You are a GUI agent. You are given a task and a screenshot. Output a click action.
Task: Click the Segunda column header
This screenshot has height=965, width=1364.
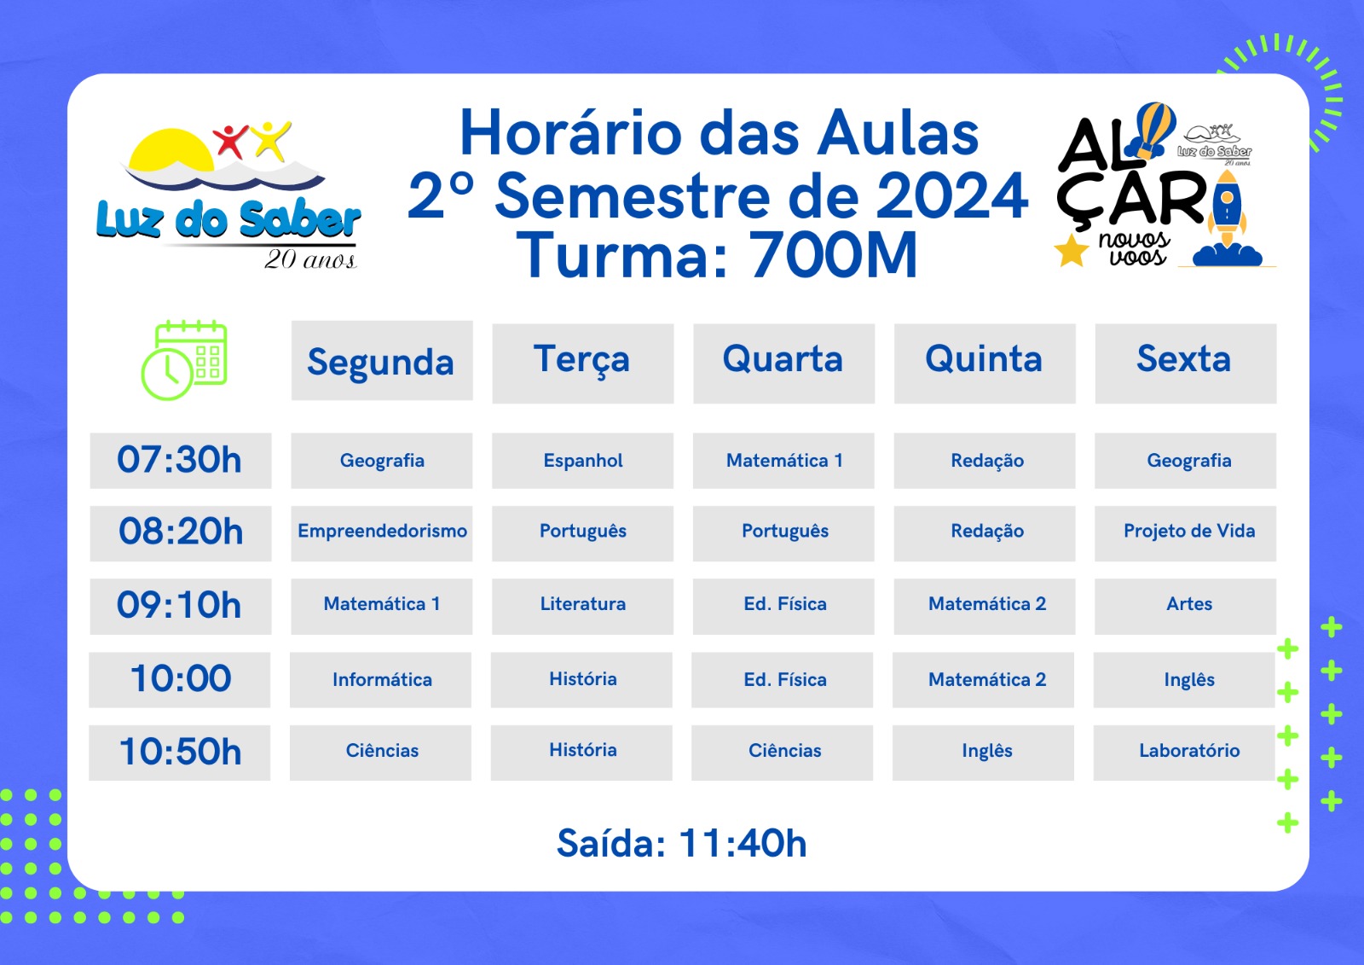[x=382, y=361]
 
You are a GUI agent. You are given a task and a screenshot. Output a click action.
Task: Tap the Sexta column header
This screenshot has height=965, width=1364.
[x=1186, y=363]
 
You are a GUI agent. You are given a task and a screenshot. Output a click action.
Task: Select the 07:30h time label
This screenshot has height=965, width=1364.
[x=180, y=460]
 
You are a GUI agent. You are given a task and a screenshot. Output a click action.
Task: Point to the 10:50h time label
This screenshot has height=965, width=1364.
[x=180, y=753]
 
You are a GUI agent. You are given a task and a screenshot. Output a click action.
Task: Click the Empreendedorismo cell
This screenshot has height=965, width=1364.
[x=382, y=532]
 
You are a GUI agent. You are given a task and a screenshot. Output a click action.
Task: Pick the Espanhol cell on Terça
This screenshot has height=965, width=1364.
[x=583, y=460]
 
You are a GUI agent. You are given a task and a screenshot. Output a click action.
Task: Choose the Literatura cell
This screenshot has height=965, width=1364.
[x=583, y=606]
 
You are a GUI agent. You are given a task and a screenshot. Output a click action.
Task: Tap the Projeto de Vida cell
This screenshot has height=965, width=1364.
[x=1186, y=532]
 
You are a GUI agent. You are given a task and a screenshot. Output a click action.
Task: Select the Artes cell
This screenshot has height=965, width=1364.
[x=1186, y=606]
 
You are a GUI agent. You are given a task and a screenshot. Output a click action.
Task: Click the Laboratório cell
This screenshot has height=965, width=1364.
[x=1184, y=753]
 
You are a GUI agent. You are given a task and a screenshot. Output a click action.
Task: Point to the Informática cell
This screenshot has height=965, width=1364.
[x=380, y=680]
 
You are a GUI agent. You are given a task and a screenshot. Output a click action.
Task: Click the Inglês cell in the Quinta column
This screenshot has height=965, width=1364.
[x=984, y=753]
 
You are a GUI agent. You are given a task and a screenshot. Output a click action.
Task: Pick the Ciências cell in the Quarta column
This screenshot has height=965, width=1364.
[x=783, y=753]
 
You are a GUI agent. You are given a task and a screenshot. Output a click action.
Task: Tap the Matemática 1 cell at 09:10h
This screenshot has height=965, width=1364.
[x=382, y=606]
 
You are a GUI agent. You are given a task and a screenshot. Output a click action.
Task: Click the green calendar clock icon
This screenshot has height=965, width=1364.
[x=184, y=360]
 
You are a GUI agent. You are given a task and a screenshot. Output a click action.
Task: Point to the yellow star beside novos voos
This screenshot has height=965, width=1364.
[x=1071, y=251]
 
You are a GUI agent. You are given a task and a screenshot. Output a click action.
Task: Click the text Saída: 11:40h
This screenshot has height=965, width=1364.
[x=682, y=844]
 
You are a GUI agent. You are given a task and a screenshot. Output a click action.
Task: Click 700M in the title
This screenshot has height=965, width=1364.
[x=832, y=255]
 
